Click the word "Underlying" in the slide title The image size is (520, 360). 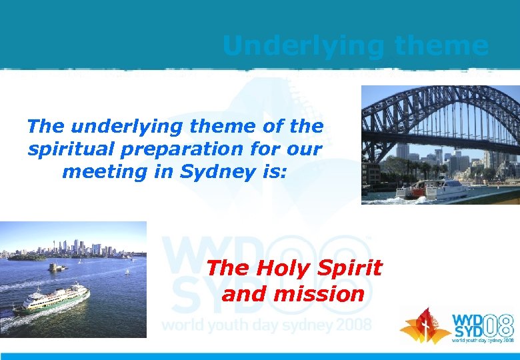(x=303, y=46)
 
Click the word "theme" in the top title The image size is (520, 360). (x=441, y=46)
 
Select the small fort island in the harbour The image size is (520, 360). (x=57, y=267)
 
